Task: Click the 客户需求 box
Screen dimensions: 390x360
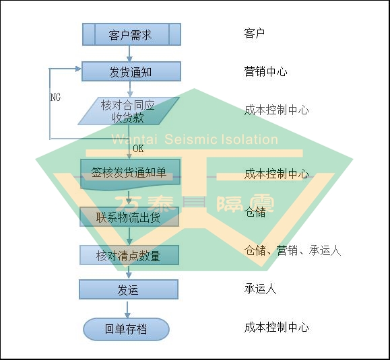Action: click(131, 34)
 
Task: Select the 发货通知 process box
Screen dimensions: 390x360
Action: click(131, 71)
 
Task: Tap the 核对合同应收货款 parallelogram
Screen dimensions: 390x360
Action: click(129, 111)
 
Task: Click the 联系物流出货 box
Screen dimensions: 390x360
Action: click(129, 217)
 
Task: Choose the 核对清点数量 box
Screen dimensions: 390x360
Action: click(129, 255)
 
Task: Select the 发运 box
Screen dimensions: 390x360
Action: click(129, 289)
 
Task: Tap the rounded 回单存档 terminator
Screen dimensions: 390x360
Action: click(126, 329)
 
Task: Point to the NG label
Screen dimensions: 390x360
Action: click(55, 98)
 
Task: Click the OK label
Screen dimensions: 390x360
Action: click(138, 149)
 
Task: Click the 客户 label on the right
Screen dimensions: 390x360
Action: click(255, 33)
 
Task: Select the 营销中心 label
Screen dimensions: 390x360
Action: click(265, 71)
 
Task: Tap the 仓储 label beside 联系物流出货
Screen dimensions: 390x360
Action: click(255, 212)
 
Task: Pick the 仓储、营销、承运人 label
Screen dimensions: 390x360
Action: click(292, 250)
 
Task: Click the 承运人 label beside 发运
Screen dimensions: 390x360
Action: click(260, 289)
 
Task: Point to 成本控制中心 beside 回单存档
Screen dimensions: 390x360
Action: click(277, 328)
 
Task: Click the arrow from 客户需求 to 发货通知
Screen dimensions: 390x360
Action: click(129, 54)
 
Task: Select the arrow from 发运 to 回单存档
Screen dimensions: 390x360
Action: click(127, 310)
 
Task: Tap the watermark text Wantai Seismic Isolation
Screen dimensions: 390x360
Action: click(195, 139)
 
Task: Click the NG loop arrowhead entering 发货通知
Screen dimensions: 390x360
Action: click(79, 69)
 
